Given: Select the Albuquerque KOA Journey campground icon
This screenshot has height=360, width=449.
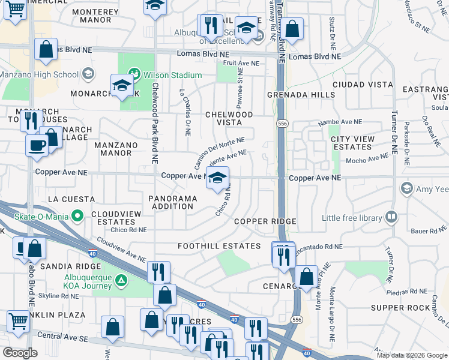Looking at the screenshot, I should pos(121,280).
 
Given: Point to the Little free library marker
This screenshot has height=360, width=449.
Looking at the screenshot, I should pos(391,217).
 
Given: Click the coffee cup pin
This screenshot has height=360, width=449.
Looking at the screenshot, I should pos(37,145).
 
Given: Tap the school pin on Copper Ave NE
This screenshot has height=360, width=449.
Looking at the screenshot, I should pos(218,178).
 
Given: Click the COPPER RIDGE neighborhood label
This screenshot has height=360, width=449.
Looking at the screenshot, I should pos(265,221).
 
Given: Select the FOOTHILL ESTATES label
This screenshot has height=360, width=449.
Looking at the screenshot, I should pos(219,246).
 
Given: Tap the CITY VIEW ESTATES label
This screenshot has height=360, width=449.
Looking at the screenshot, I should pos(352,143).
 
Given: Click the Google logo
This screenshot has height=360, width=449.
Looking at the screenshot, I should pos(20,353).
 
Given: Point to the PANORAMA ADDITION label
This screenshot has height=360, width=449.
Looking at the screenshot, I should pos(172,202).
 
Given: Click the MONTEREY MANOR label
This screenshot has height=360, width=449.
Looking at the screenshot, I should pos(99,16).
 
